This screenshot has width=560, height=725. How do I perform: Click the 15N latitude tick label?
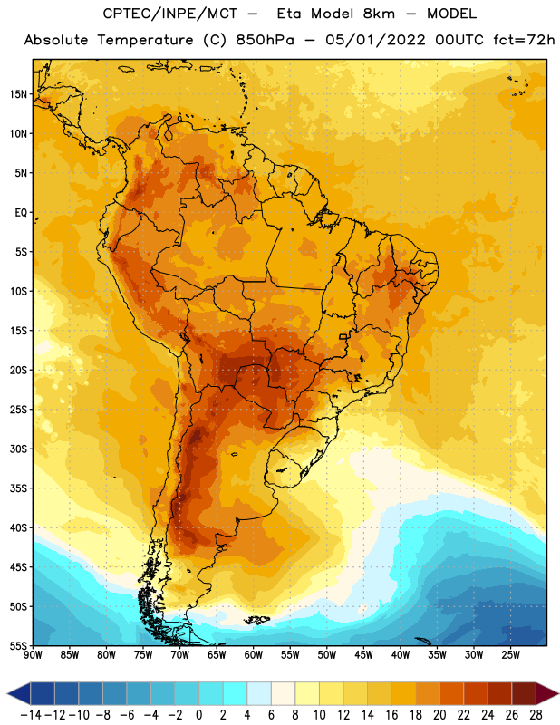[x=18, y=94]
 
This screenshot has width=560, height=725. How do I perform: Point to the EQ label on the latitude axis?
[x=21, y=213]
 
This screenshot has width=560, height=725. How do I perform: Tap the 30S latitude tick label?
[x=18, y=449]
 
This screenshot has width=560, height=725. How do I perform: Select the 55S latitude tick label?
[x=18, y=645]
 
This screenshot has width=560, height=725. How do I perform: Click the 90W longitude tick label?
[x=33, y=654]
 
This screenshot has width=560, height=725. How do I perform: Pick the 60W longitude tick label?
[x=254, y=654]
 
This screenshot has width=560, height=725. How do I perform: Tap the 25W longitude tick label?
[x=510, y=654]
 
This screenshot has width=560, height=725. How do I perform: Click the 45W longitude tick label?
[x=363, y=654]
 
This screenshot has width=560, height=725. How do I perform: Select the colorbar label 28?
[x=536, y=715]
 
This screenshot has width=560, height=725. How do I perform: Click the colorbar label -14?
[x=31, y=715]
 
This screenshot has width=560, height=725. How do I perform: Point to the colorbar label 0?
[x=198, y=715]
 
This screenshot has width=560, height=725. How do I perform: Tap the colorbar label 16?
[x=391, y=715]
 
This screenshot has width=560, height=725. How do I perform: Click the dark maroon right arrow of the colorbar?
[x=546, y=693]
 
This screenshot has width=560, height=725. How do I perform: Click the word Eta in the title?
[x=289, y=14]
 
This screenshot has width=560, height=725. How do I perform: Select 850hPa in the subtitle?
[x=265, y=40]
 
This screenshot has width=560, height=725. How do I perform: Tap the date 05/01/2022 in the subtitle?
[x=375, y=40]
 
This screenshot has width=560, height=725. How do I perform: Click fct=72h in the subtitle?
[x=524, y=40]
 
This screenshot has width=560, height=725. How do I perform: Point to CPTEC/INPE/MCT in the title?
[x=170, y=14]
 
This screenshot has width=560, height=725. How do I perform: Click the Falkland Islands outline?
[x=257, y=620]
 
